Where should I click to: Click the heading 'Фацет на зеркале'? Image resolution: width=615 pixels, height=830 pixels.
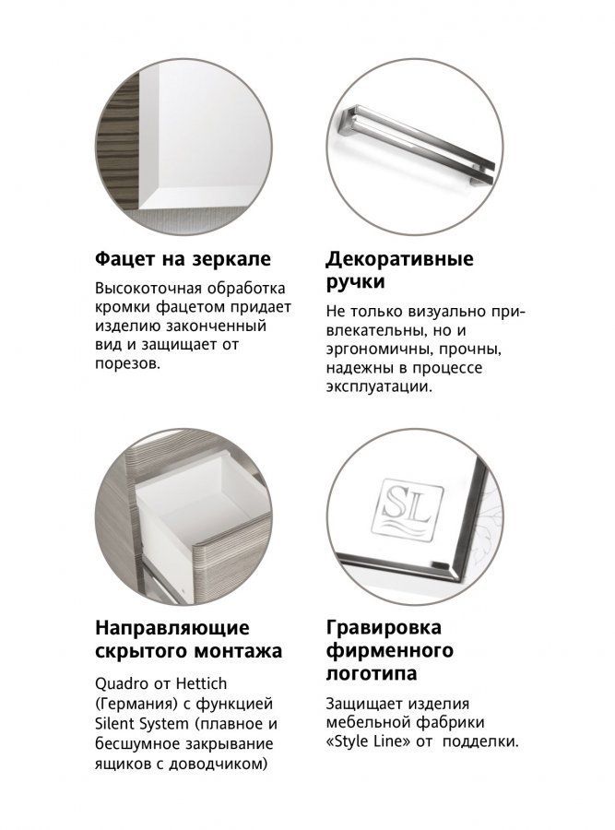click(183, 259)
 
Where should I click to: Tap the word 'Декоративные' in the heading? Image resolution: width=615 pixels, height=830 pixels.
click(399, 259)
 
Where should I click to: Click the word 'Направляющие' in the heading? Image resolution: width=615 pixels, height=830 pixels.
click(172, 628)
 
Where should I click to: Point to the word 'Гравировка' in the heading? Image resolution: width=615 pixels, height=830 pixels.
click(384, 628)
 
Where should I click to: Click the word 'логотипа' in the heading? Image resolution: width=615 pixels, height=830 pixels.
click(371, 674)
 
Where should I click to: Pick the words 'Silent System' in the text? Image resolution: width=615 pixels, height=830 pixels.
click(142, 724)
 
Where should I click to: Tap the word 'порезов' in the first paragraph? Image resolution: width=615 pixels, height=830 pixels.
click(127, 364)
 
